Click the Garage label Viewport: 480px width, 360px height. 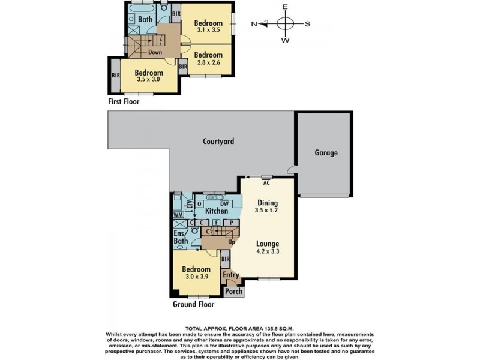coord(326,152)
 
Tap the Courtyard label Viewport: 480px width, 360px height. coord(218,141)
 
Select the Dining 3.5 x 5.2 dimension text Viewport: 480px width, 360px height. coord(266,211)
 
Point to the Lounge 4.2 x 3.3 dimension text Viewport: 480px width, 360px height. coord(268,251)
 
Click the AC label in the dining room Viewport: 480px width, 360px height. coord(266,183)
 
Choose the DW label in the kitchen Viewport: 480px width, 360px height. coord(224,204)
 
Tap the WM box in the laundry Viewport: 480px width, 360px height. coord(178,215)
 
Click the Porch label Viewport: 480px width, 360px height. coord(233,291)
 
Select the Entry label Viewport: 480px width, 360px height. coord(231,275)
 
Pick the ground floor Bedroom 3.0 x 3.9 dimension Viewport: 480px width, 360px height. coord(196,277)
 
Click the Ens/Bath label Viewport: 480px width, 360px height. coord(181,236)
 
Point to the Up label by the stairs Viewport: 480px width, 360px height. coord(232,242)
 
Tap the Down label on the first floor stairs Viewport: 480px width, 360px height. coord(155,52)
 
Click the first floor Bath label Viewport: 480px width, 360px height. coord(145,19)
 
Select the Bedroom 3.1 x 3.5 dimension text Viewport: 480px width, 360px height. coord(208,30)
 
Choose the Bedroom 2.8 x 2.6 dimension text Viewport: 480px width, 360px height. coord(208,62)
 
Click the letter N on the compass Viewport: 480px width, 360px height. coord(254,24)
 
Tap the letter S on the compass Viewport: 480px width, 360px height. coord(307,24)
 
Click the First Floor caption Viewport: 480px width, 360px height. coord(124,101)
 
